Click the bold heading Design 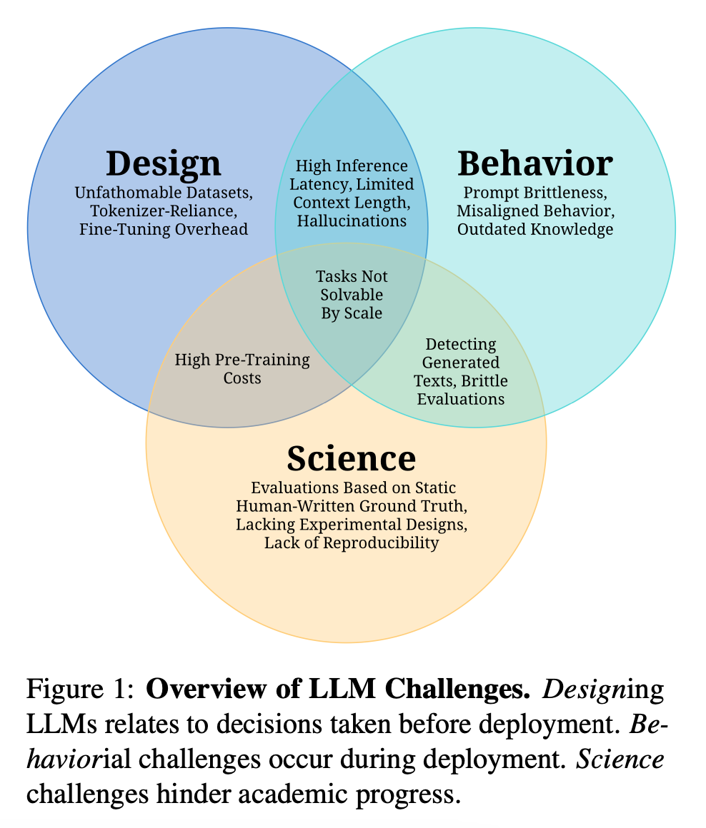163,163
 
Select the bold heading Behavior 535,163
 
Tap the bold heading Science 351,458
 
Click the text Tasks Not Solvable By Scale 352,295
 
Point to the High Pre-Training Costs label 242,368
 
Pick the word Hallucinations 352,221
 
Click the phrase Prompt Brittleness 535,193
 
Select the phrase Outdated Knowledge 535,229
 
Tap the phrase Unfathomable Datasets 164,193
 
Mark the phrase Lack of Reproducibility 351,543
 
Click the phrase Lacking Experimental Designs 351,525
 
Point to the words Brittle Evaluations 461,390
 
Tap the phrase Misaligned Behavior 535,211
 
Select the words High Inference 352,166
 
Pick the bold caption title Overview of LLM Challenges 337,690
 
